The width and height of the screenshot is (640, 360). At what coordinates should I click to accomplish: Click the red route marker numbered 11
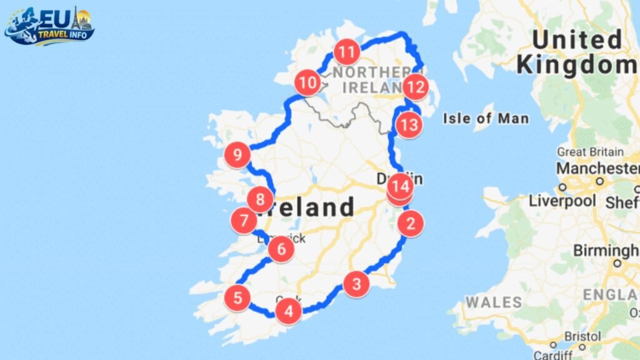pyautogui.click(x=347, y=51)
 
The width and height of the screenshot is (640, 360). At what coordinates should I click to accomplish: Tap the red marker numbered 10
pyautogui.click(x=307, y=82)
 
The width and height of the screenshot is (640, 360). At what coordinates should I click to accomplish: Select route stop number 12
pyautogui.click(x=415, y=87)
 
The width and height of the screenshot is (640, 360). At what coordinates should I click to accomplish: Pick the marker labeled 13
pyautogui.click(x=409, y=125)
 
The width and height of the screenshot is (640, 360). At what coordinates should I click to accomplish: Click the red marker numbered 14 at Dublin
pyautogui.click(x=400, y=186)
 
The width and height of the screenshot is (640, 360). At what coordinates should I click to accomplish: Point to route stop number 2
pyautogui.click(x=411, y=223)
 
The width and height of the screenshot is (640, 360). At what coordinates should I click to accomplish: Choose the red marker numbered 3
pyautogui.click(x=356, y=284)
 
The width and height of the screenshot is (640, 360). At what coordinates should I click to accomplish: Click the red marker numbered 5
pyautogui.click(x=237, y=297)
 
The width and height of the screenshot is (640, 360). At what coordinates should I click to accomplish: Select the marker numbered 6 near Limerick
pyautogui.click(x=281, y=249)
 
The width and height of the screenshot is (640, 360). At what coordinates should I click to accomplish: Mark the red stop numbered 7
pyautogui.click(x=244, y=221)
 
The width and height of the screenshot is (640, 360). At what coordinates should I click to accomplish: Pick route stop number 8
pyautogui.click(x=260, y=201)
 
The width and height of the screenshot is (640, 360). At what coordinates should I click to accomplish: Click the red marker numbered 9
pyautogui.click(x=237, y=154)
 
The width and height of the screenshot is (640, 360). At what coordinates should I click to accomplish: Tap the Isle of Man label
pyautogui.click(x=486, y=118)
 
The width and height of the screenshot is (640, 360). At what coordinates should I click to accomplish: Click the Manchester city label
pyautogui.click(x=597, y=168)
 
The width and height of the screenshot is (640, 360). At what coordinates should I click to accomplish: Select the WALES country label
pyautogui.click(x=494, y=302)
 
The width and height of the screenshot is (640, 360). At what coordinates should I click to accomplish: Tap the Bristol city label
pyautogui.click(x=582, y=336)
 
